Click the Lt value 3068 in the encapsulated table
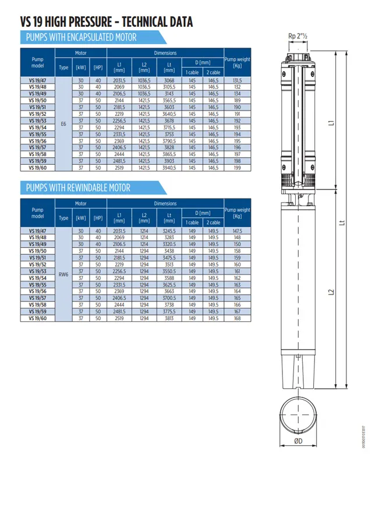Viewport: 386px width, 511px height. click(x=169, y=80)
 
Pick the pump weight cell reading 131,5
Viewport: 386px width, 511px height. click(x=237, y=80)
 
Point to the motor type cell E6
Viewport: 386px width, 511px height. click(x=63, y=124)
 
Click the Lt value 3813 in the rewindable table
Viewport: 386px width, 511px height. click(x=169, y=318)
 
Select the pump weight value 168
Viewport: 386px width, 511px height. click(x=237, y=318)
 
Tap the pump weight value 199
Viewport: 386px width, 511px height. click(x=237, y=168)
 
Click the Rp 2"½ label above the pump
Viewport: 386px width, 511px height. click(x=298, y=37)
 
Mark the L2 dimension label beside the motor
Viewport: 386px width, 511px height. click(x=330, y=292)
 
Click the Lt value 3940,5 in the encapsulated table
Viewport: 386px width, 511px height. click(x=169, y=168)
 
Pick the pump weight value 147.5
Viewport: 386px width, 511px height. click(x=237, y=231)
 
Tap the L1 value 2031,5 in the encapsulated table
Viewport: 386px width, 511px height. click(x=119, y=80)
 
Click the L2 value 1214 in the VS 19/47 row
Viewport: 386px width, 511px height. click(x=144, y=231)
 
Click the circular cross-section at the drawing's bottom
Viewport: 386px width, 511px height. click(x=298, y=413)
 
